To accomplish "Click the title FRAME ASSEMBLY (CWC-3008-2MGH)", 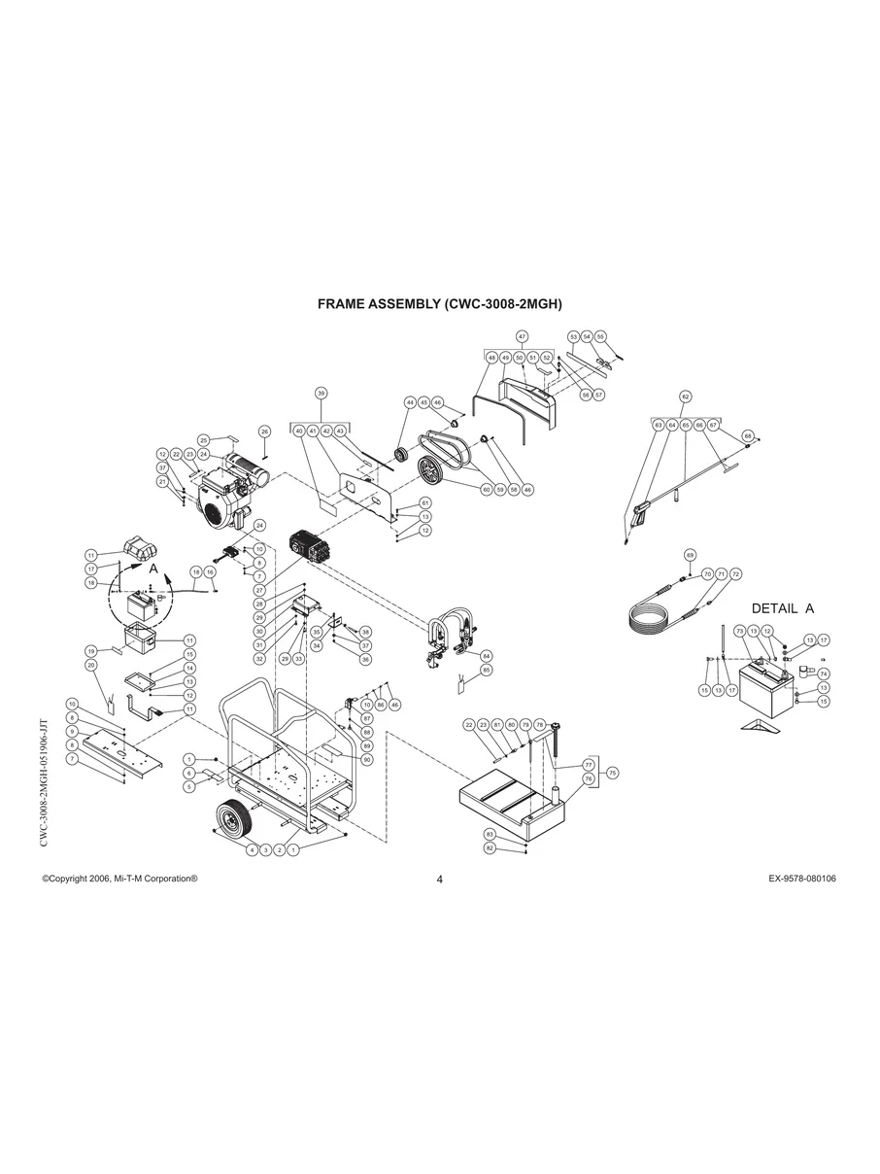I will tap(440, 304).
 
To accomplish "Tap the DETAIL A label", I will tap(782, 608).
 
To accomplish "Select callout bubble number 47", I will tap(522, 336).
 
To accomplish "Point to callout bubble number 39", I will tap(321, 394).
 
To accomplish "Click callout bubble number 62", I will tap(685, 397).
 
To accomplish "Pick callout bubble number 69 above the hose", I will tap(689, 555).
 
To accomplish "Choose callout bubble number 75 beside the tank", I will tap(612, 773).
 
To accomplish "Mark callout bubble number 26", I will tap(264, 431).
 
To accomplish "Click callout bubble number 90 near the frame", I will tap(367, 759).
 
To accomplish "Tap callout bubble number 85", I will tap(487, 670).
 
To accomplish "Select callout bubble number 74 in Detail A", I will tap(823, 673).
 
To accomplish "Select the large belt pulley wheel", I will tap(428, 471).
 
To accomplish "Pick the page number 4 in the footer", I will tap(440, 880).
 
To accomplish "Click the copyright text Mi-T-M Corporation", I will tap(120, 878).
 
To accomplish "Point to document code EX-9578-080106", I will tap(801, 878).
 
